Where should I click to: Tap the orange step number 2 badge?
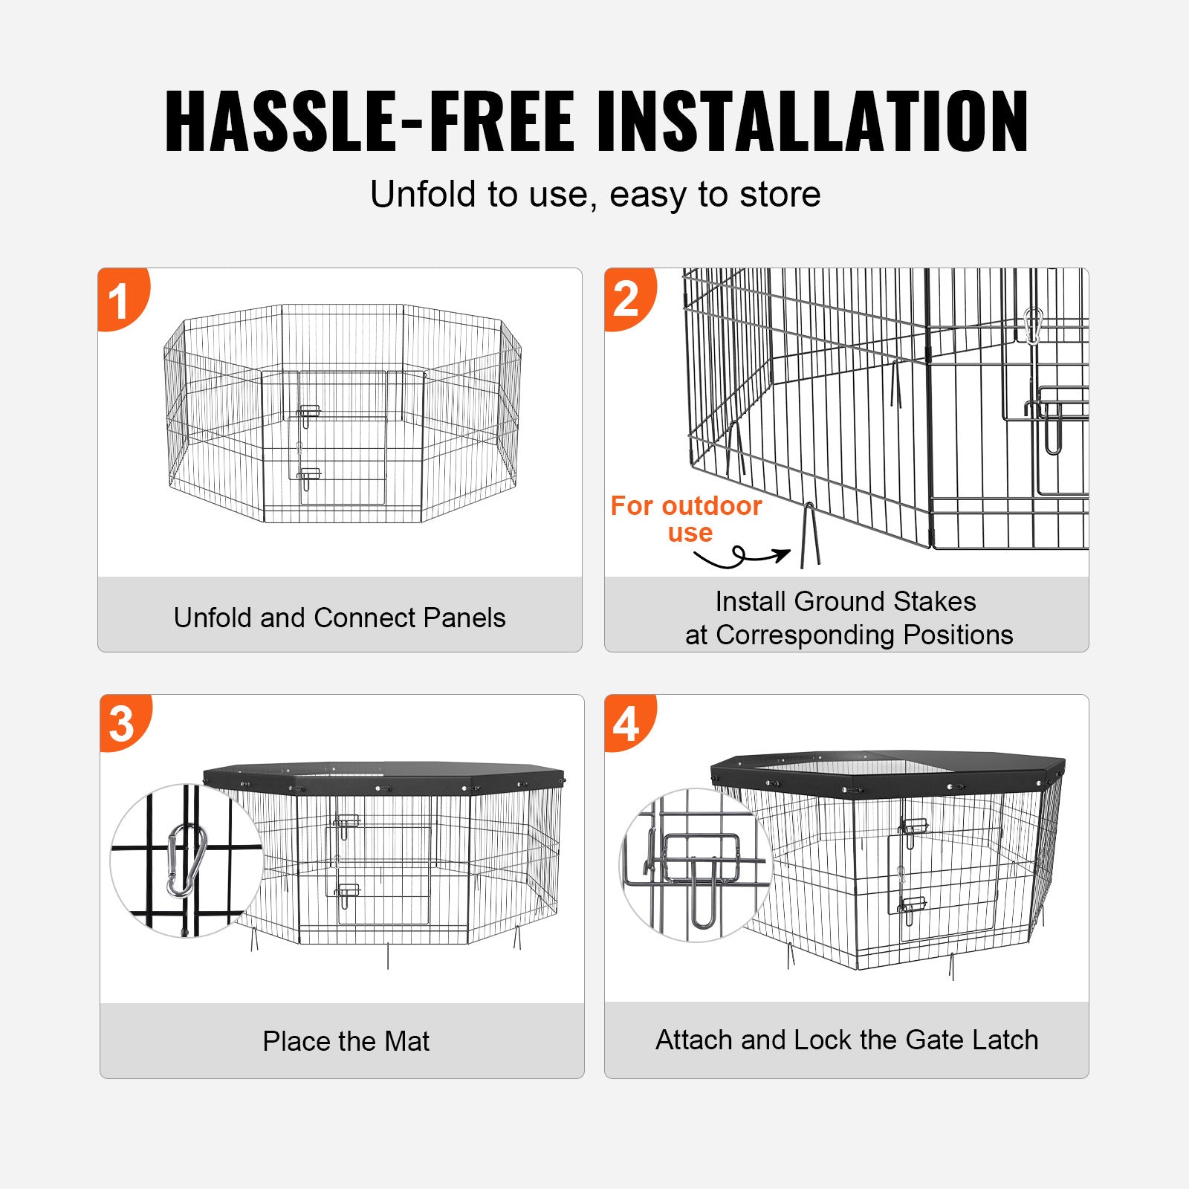(x=627, y=299)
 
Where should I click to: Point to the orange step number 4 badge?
(x=627, y=723)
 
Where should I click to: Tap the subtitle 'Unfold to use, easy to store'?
(x=595, y=195)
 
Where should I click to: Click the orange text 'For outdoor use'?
(x=687, y=519)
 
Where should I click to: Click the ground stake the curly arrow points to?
(x=810, y=536)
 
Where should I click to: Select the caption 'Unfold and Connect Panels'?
(x=340, y=618)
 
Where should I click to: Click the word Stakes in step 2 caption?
(x=934, y=601)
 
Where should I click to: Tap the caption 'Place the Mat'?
(x=346, y=1041)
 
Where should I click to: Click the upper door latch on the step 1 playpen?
(x=308, y=413)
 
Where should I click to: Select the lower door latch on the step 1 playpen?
(x=308, y=476)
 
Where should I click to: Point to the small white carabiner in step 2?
(x=1033, y=325)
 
